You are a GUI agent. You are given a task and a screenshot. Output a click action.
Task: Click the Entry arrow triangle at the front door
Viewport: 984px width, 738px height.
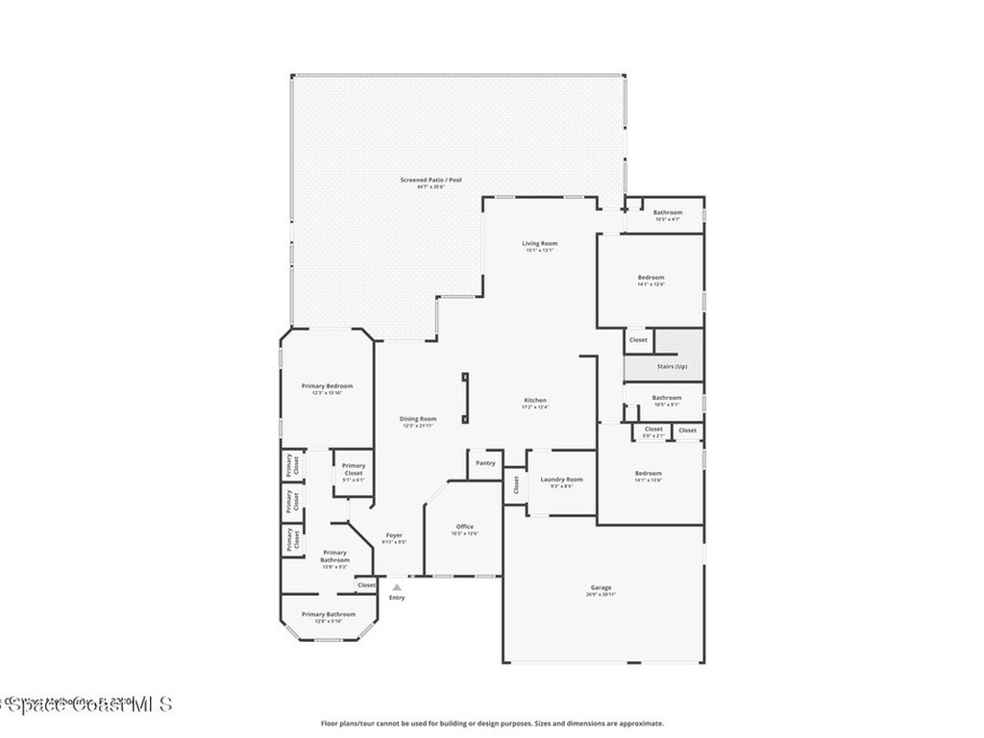tap(397, 587)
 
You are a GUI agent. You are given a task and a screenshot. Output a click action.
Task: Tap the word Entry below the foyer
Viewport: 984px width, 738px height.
tap(397, 598)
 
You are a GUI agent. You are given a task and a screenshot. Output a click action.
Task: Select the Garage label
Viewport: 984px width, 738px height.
tap(601, 588)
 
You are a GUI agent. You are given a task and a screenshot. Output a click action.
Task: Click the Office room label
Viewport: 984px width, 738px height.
tap(465, 527)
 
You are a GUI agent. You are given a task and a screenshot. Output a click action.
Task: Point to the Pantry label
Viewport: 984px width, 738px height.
tap(486, 463)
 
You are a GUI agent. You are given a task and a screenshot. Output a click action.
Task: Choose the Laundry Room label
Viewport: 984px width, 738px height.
tap(561, 480)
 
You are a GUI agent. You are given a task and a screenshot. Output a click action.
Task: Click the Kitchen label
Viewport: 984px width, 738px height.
tap(535, 400)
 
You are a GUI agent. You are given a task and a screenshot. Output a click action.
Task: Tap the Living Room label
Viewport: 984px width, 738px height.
tap(540, 243)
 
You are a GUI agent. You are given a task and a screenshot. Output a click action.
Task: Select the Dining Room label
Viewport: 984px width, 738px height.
tap(418, 419)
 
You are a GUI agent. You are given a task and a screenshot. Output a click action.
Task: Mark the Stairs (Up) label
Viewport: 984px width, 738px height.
tap(672, 367)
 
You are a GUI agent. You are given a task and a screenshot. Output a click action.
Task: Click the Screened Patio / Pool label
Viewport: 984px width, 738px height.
tap(424, 180)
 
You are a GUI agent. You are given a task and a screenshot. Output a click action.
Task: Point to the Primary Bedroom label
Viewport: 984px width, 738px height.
tap(327, 386)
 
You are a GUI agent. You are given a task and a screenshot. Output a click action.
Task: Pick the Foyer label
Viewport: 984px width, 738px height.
tap(394, 535)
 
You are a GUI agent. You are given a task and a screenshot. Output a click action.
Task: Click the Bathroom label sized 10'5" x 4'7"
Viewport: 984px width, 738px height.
tap(667, 212)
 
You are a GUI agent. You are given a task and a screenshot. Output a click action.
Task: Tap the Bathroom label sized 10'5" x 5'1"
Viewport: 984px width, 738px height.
tap(666, 398)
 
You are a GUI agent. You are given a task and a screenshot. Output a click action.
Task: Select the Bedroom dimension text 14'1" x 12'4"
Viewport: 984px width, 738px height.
tap(651, 284)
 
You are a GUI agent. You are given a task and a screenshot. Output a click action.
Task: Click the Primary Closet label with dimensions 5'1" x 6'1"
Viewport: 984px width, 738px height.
tap(354, 470)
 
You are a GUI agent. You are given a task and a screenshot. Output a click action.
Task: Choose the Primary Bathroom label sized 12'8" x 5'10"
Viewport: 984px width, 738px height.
tap(329, 614)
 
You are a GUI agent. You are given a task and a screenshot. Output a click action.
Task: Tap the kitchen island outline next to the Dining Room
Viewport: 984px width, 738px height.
tap(465, 398)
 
